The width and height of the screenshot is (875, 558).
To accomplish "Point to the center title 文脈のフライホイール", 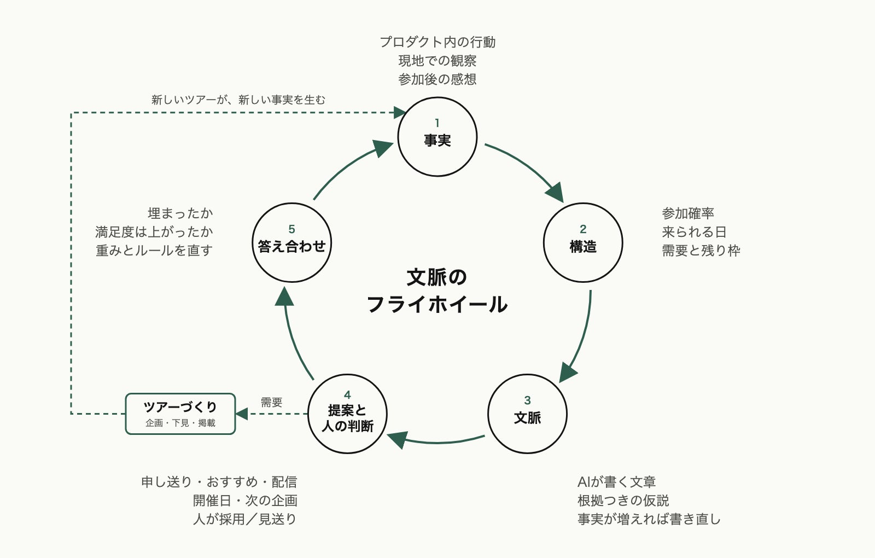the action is pyautogui.click(x=437, y=290).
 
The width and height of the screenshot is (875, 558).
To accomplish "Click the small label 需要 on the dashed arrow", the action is pyautogui.click(x=271, y=402).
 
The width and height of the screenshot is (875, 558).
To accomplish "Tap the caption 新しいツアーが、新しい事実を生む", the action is pyautogui.click(x=238, y=100).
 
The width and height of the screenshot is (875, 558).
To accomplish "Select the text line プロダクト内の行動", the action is pyautogui.click(x=437, y=42).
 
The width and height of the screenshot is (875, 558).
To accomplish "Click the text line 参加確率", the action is pyautogui.click(x=688, y=213).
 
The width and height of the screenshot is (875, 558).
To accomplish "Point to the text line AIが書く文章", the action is pyautogui.click(x=616, y=482).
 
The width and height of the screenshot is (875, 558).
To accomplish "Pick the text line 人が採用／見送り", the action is pyautogui.click(x=245, y=519).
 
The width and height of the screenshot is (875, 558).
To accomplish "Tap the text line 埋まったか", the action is pyautogui.click(x=180, y=213).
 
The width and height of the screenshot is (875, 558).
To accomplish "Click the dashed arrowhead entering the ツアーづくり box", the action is pyautogui.click(x=241, y=414).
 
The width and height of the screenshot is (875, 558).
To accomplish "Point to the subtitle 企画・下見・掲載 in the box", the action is pyautogui.click(x=180, y=423).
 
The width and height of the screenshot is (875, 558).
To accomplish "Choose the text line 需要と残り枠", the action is pyautogui.click(x=701, y=251).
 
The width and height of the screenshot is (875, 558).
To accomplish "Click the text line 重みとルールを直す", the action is pyautogui.click(x=154, y=251).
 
